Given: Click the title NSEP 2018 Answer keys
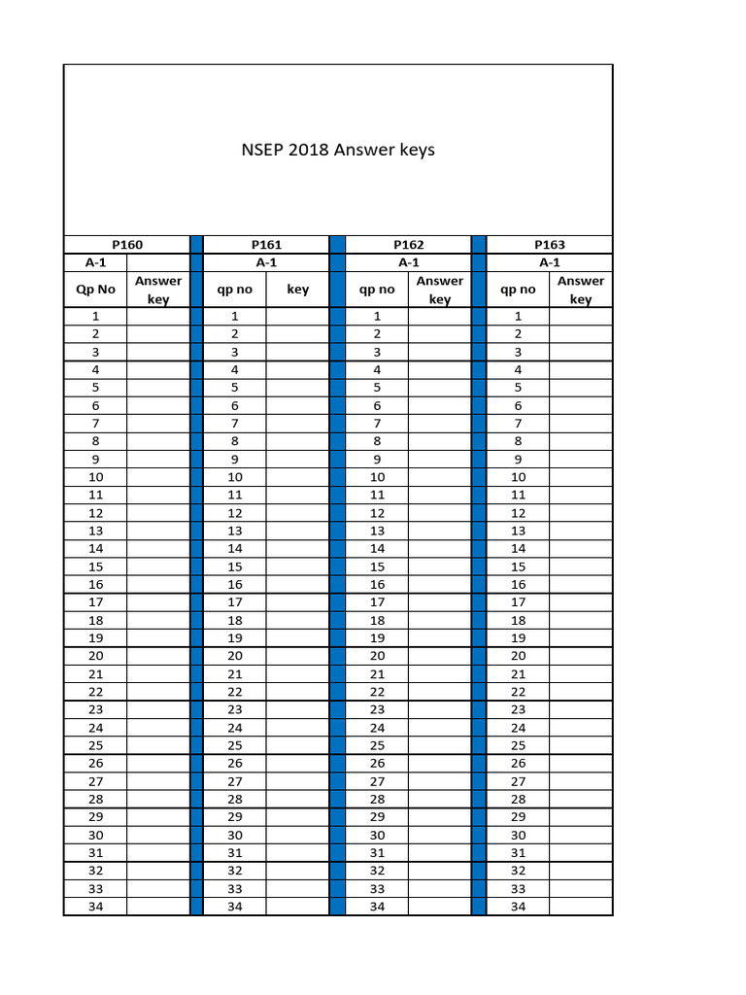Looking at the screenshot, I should point(338,151).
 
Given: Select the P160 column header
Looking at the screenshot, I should point(127,245).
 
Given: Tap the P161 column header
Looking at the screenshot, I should point(266,245).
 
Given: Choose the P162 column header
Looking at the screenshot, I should point(408,245).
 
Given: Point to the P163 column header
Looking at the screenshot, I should point(549,245).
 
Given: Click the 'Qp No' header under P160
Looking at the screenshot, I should point(95,290).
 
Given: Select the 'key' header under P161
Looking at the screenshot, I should point(297,290).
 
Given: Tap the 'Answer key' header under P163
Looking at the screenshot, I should point(581,290).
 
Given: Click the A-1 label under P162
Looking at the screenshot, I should point(408,262).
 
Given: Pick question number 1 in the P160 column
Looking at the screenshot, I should point(95,316).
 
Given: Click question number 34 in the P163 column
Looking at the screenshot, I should point(518,907).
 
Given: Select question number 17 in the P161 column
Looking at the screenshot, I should point(235,602).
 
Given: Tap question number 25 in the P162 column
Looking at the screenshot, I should point(377,745).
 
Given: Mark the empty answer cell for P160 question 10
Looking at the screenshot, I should point(158,477).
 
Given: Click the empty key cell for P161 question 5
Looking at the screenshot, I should point(297,388).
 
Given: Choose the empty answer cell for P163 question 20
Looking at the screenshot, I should point(581,656).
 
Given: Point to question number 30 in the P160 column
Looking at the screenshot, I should point(95,835).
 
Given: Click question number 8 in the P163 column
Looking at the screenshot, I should point(518,441).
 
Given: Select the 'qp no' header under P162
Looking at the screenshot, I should point(377,290).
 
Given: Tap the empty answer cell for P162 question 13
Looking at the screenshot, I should point(439,531).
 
